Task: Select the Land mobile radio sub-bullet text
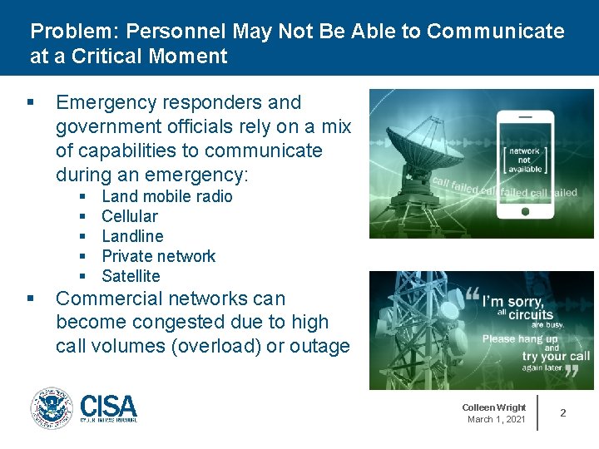coord(166,196)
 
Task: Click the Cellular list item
coord(129,216)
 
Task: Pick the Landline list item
coord(132,236)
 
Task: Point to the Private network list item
coord(158,256)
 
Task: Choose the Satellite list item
coord(131,276)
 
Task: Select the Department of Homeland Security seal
coord(52,408)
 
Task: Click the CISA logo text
coord(109,406)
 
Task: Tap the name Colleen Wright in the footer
coord(494,407)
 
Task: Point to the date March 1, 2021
coord(497,419)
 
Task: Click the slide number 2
coord(563,412)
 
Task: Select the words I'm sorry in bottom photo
coord(512,302)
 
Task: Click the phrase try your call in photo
coord(556,357)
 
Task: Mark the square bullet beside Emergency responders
coord(30,103)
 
